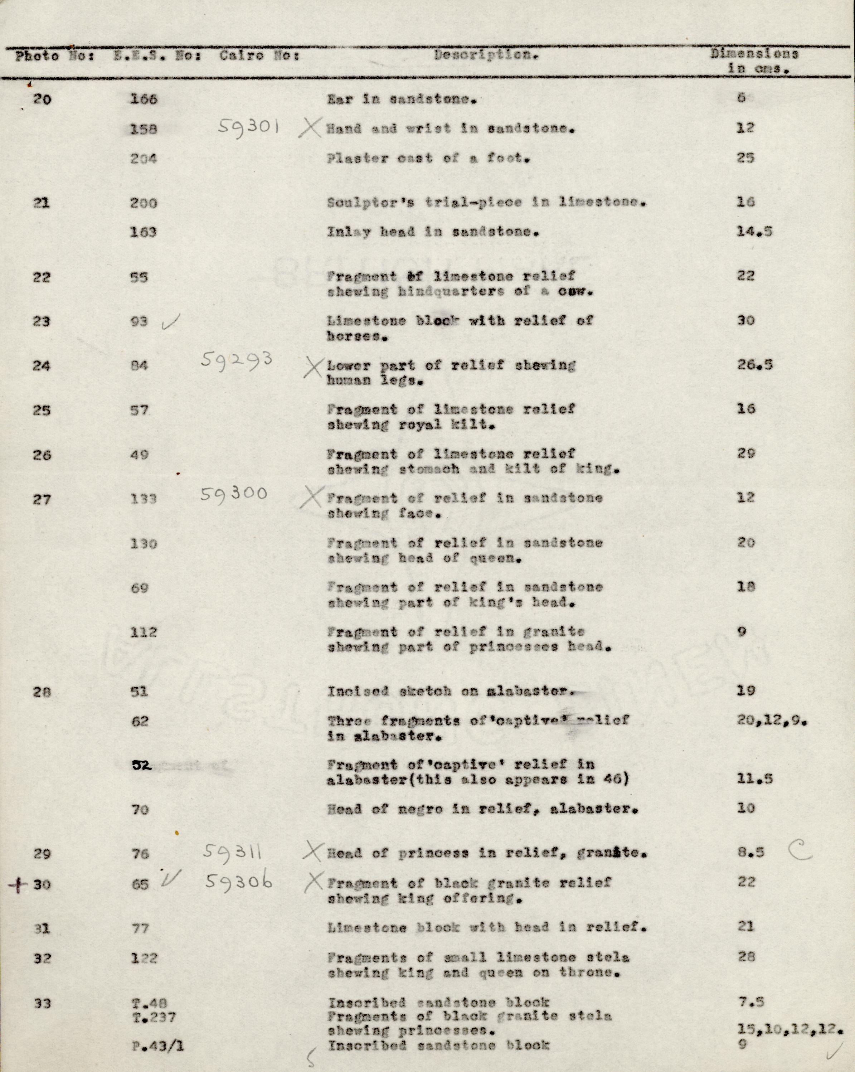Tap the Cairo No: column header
point(259,56)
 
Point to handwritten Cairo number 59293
point(237,360)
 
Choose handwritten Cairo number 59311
point(233,853)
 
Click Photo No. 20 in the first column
point(42,99)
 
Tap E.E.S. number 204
point(144,159)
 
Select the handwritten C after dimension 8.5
point(800,852)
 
